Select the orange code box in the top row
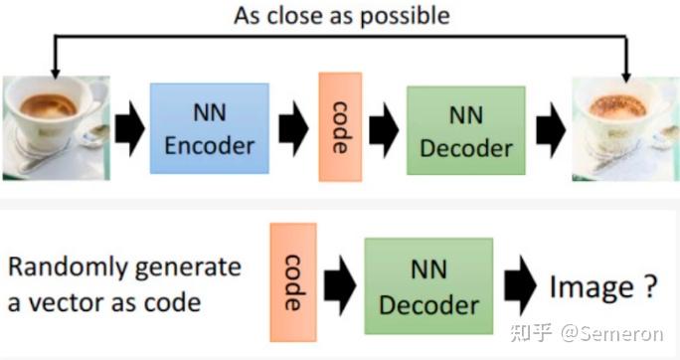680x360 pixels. [340, 126]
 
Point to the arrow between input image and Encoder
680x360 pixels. [128, 129]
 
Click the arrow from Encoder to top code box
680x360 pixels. [293, 129]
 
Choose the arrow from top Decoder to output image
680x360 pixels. [548, 130]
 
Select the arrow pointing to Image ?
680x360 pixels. [520, 288]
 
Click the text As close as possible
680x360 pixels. [340, 15]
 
